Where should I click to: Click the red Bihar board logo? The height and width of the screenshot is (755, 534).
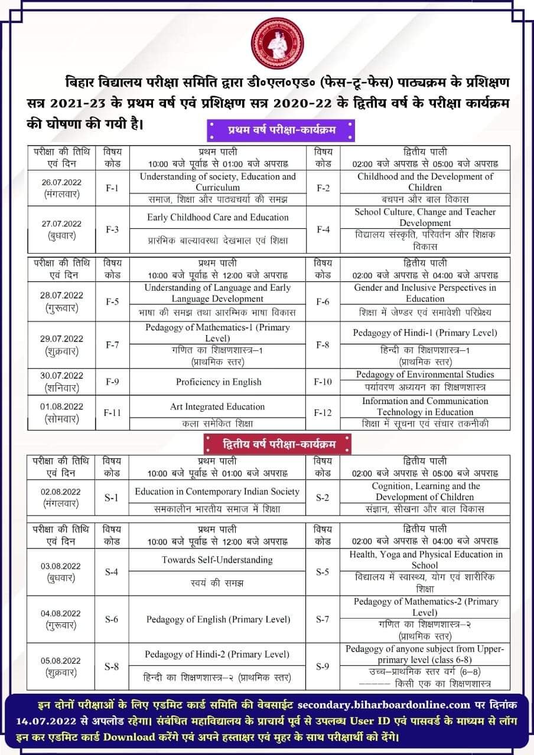[277, 43]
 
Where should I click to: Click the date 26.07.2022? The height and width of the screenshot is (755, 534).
[61, 182]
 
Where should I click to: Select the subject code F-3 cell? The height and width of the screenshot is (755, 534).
[112, 229]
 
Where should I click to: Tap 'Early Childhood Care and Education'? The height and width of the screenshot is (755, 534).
[218, 217]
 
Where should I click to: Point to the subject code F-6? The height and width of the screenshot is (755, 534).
[323, 301]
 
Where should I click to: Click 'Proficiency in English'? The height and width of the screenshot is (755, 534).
[218, 382]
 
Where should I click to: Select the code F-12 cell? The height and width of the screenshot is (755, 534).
[323, 412]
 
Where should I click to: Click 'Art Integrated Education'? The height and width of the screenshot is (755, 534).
[217, 406]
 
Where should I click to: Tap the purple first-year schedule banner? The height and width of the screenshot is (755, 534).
[280, 129]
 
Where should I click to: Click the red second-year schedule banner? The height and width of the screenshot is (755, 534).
[278, 442]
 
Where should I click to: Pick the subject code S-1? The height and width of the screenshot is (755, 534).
[112, 497]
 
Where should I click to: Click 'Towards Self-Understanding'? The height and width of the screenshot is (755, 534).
[217, 559]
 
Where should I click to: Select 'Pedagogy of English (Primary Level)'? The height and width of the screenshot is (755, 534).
[218, 619]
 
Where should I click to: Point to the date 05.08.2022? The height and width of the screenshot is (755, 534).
[61, 661]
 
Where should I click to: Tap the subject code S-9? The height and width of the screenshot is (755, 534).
[323, 667]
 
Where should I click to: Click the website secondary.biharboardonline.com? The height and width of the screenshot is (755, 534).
[384, 704]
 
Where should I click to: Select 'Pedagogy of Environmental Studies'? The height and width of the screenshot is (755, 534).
[425, 375]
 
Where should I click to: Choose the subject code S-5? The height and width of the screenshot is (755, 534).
[323, 572]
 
